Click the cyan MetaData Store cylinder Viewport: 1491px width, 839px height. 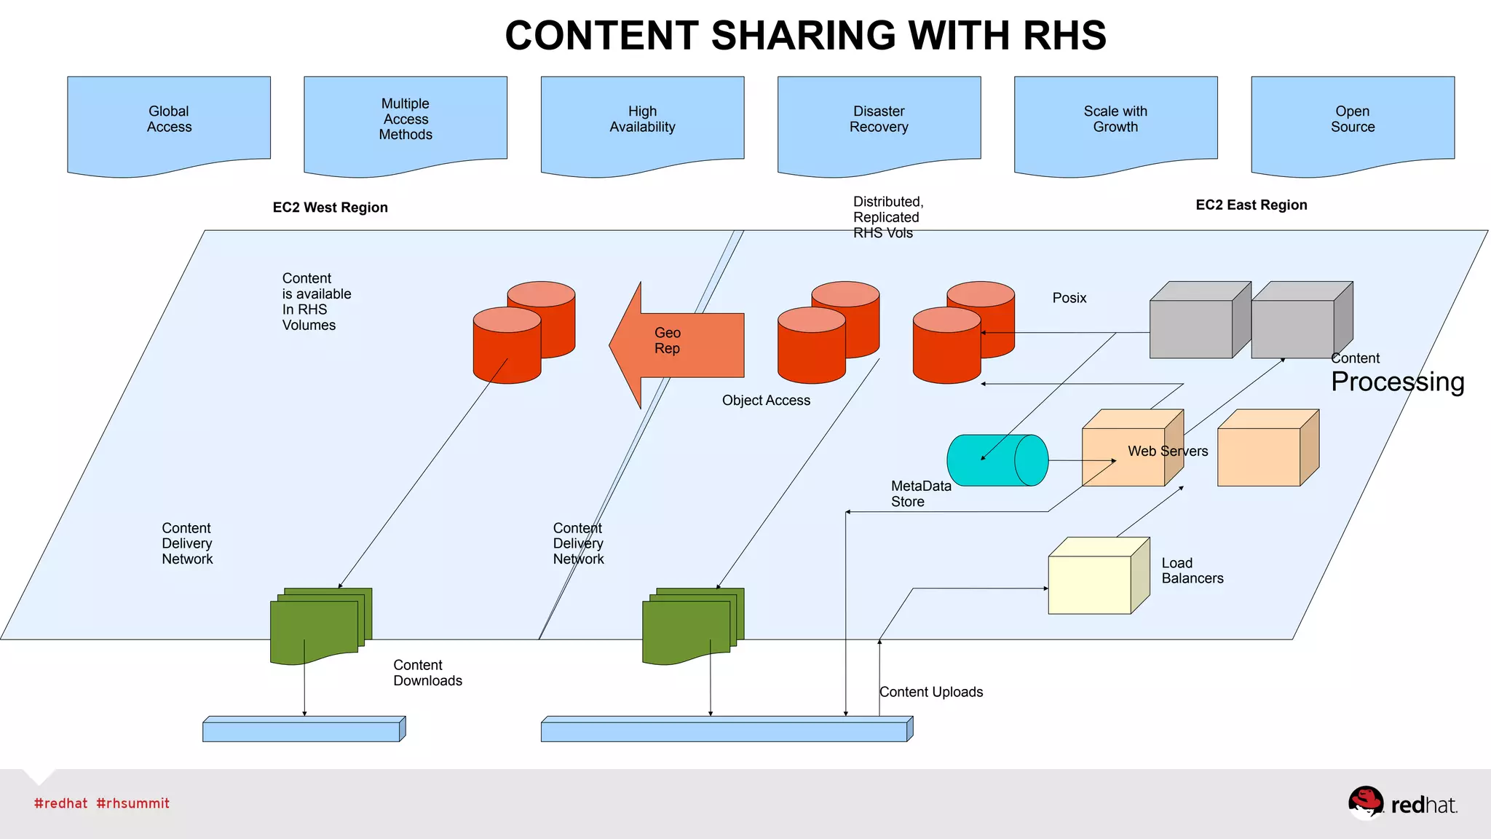click(997, 460)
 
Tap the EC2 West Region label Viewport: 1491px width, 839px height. click(330, 208)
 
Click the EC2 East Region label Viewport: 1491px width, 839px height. click(1251, 205)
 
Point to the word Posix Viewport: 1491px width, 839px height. click(1069, 298)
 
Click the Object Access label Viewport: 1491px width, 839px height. click(766, 401)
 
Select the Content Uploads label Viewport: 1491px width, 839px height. click(931, 692)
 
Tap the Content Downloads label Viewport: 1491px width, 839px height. click(427, 673)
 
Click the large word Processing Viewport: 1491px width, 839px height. click(1397, 382)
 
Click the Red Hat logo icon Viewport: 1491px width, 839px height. click(1365, 803)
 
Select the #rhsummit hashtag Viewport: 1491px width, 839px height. click(133, 803)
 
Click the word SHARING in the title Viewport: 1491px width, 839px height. click(803, 36)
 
